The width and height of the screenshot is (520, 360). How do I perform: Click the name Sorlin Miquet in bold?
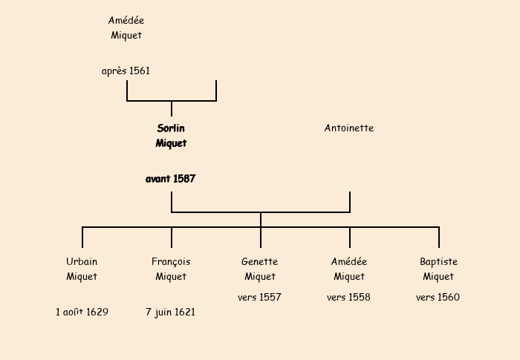(x=171, y=136)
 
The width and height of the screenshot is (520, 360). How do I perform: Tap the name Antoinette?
(x=349, y=128)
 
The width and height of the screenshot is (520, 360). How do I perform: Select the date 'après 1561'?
(x=126, y=71)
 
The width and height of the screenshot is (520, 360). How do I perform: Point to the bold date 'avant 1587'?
(x=171, y=179)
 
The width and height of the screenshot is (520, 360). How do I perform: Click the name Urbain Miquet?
(x=82, y=269)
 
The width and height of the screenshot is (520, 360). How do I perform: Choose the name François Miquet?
(x=171, y=269)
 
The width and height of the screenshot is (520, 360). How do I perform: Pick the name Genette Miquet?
(x=260, y=269)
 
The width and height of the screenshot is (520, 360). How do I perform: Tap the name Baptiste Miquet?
(x=438, y=269)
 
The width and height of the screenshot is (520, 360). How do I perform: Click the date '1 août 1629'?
(x=82, y=312)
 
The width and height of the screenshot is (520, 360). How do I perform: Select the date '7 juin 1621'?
(x=171, y=312)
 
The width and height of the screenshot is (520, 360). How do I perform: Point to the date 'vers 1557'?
(x=260, y=298)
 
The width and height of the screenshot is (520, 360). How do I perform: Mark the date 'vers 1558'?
(x=349, y=298)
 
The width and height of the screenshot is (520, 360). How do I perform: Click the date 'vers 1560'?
(x=438, y=298)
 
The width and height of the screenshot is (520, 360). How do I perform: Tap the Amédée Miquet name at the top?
(x=126, y=28)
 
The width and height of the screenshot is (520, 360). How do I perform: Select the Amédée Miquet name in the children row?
(x=349, y=269)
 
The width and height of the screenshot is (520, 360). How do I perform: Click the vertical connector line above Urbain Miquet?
(x=82, y=238)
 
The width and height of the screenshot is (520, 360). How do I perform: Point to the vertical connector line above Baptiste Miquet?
(x=439, y=238)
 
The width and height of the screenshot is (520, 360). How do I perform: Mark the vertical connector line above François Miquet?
(x=172, y=238)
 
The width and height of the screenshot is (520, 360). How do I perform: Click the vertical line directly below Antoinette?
(x=350, y=202)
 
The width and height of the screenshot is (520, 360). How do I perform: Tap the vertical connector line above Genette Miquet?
(x=261, y=238)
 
